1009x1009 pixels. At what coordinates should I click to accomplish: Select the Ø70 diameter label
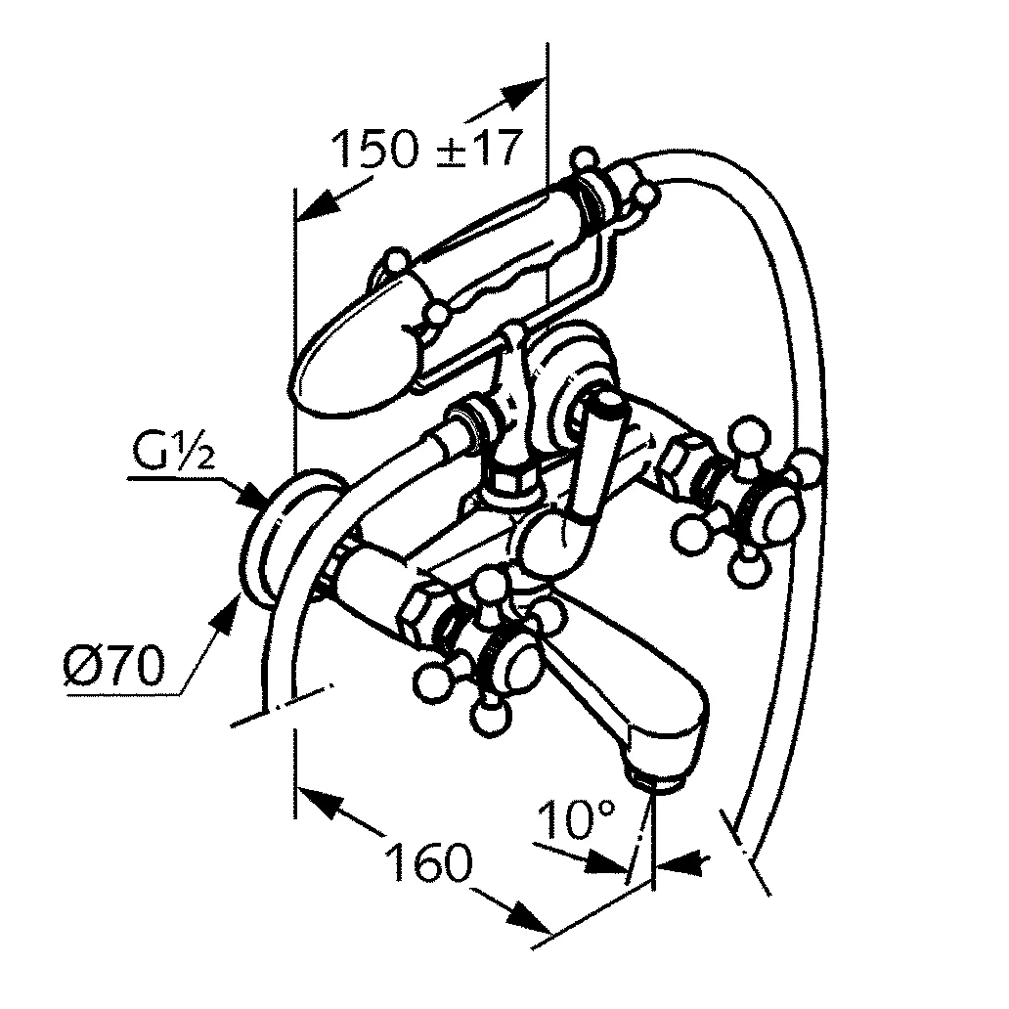click(x=110, y=668)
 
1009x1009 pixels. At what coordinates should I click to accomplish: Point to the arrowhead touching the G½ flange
click(x=255, y=497)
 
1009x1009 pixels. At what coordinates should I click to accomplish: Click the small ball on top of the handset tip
click(x=396, y=259)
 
